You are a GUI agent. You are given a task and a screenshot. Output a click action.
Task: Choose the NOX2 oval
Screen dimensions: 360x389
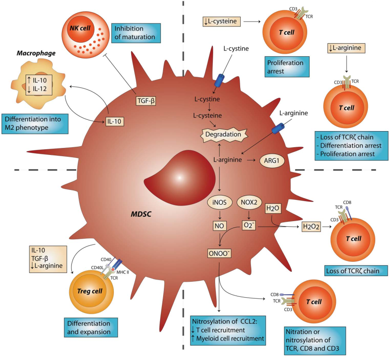250,202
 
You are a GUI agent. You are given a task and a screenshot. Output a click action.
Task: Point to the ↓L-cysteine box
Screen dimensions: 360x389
220,20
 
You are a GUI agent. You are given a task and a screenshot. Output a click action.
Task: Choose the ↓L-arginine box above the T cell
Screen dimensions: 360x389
347,48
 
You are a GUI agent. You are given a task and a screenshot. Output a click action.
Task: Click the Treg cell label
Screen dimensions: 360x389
91,291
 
